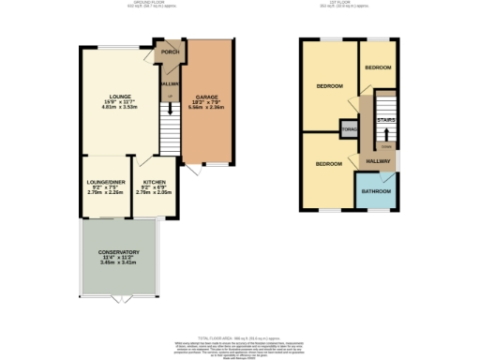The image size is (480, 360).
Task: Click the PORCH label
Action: click(x=170, y=52)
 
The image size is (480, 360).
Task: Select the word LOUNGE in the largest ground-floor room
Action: click(x=118, y=97)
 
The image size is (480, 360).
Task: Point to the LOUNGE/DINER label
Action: click(x=106, y=181)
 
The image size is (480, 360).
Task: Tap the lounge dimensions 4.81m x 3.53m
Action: click(x=118, y=108)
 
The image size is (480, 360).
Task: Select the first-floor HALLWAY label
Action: click(x=378, y=161)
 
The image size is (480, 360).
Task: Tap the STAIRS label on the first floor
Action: click(x=385, y=120)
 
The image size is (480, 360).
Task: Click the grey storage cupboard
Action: click(x=349, y=128)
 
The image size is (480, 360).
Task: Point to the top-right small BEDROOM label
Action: click(x=379, y=68)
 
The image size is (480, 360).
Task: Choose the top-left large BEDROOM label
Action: click(x=328, y=86)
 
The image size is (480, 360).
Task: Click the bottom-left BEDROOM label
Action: click(x=328, y=164)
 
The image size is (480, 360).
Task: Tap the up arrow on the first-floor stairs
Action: click(x=385, y=134)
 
